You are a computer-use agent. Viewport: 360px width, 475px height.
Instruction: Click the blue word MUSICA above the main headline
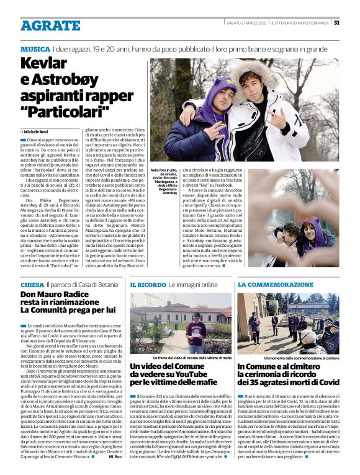click(35, 48)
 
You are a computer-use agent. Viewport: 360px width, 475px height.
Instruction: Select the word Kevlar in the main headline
click(44, 64)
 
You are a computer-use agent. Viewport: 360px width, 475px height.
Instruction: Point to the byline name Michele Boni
click(39, 132)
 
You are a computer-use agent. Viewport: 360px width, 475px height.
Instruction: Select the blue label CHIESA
click(32, 283)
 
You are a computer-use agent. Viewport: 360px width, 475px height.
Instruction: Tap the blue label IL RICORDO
click(148, 283)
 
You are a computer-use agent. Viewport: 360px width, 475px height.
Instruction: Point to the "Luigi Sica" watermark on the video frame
click(145, 350)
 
